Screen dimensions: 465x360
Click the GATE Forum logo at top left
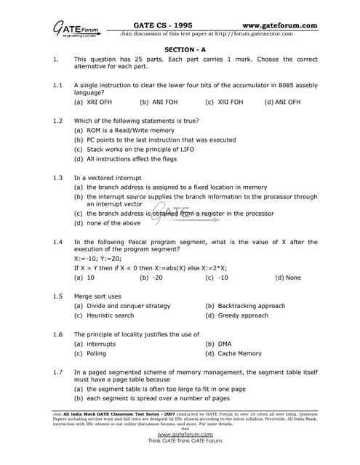(73, 29)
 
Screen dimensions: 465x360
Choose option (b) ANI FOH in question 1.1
(159, 102)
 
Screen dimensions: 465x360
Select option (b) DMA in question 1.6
(219, 344)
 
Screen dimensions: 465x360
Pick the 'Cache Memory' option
(233, 353)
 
